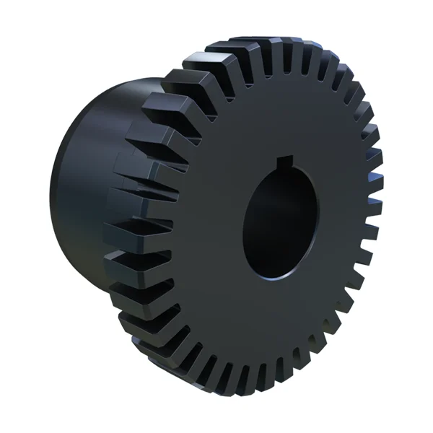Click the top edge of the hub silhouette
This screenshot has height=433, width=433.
(x=123, y=79)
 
